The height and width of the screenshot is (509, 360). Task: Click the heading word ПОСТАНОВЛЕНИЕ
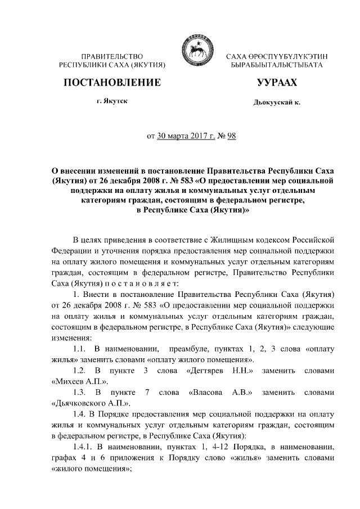pos(112,83)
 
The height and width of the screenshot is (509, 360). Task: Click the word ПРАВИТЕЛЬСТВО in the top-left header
pos(112,57)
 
